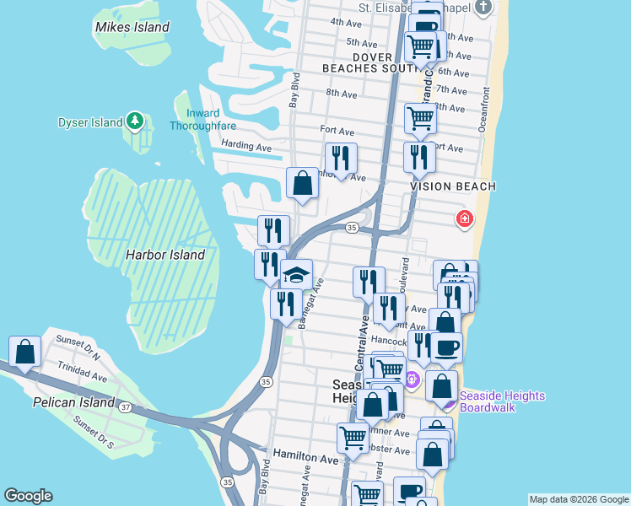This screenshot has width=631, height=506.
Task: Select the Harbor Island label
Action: pyautogui.click(x=165, y=255)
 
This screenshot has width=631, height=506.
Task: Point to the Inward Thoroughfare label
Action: pyautogui.click(x=195, y=120)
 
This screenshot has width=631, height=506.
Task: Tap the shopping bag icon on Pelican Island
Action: pyautogui.click(x=25, y=352)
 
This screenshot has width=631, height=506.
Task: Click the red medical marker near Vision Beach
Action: pyautogui.click(x=464, y=219)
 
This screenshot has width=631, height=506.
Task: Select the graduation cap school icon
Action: pyautogui.click(x=297, y=274)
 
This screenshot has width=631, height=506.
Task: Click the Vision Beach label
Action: pyautogui.click(x=453, y=186)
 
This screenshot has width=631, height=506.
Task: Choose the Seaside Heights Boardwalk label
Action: pyautogui.click(x=504, y=402)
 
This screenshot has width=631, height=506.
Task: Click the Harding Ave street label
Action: pyautogui.click(x=246, y=146)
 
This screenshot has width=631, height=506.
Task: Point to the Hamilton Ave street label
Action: pyautogui.click(x=305, y=460)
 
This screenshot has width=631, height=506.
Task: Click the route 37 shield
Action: pyautogui.click(x=126, y=408)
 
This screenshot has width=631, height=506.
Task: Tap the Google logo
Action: pyautogui.click(x=29, y=496)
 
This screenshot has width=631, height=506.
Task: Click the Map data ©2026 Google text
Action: pyautogui.click(x=578, y=499)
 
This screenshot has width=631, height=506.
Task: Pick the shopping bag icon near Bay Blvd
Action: pyautogui.click(x=302, y=184)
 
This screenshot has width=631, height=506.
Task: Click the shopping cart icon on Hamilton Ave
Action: pyautogui.click(x=353, y=437)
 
